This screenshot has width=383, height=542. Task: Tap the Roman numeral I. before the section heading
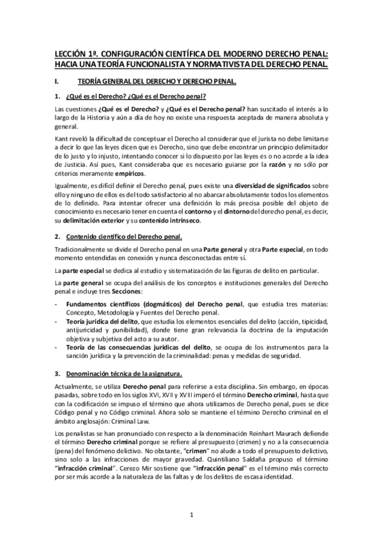58,81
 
